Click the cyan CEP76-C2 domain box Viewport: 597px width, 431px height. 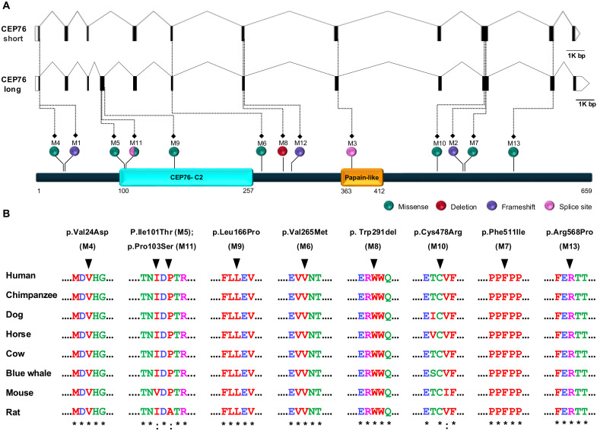[x=186, y=176]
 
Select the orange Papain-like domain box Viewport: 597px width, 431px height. [x=361, y=176]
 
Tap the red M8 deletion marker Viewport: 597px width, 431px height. [x=282, y=152]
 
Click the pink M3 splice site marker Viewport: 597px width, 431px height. [x=351, y=152]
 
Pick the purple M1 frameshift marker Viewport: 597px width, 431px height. [x=75, y=152]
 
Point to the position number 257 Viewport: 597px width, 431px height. [x=248, y=191]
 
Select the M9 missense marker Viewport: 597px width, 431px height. [x=175, y=152]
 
